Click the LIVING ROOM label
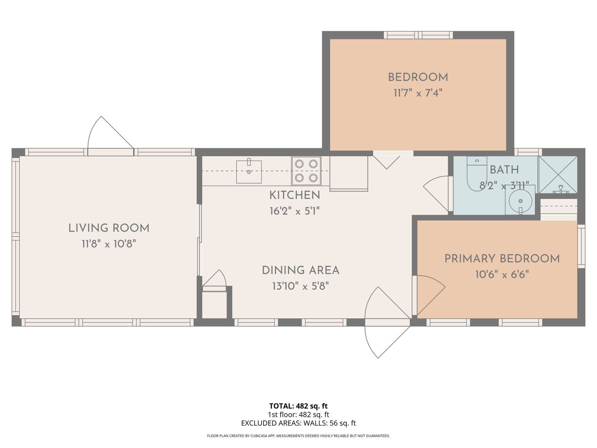point(109,228)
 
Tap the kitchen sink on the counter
point(249,172)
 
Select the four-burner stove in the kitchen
point(306,171)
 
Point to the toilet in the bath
point(476,174)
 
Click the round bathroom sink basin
point(520,201)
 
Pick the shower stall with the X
point(558,175)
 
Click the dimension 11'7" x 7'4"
point(418,93)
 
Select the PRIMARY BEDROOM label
point(502,259)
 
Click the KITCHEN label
point(294,195)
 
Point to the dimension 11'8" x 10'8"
point(109,244)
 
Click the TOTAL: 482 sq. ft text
point(298,406)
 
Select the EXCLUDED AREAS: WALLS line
point(298,423)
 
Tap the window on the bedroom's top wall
point(418,35)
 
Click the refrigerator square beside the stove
point(348,173)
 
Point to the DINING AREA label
point(300,270)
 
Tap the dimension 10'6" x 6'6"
point(502,274)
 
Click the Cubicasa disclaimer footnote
point(298,436)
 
